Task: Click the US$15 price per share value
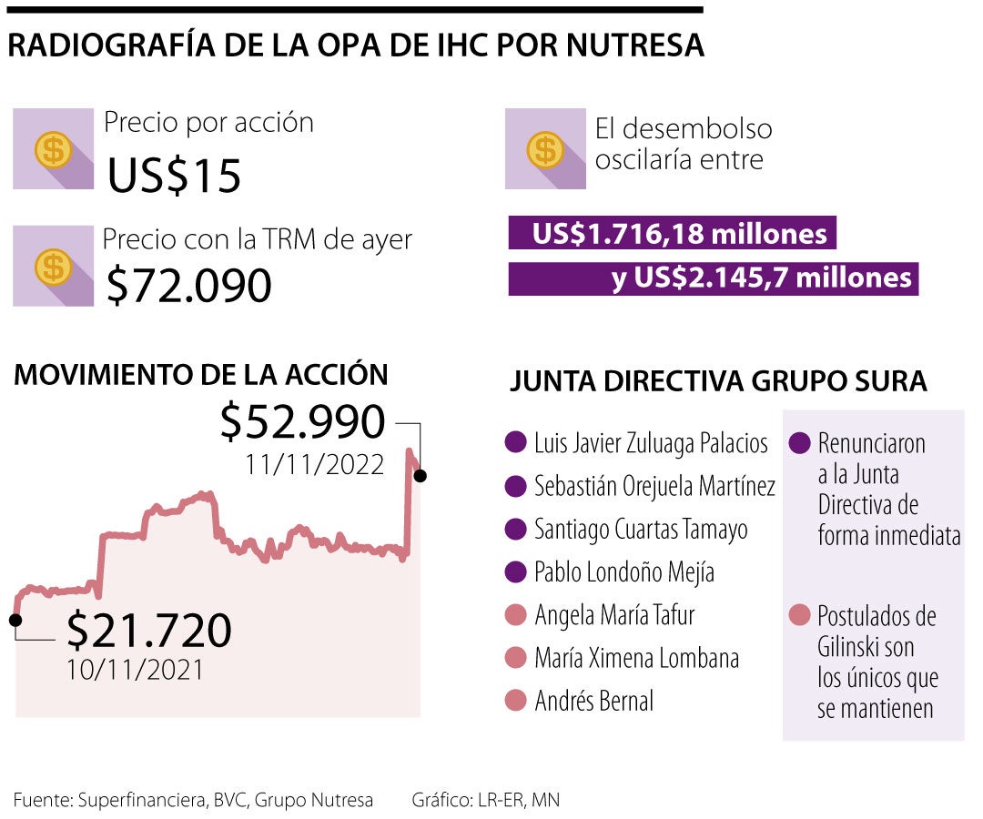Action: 174,176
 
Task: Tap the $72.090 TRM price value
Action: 188,286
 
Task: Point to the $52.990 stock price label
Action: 303,422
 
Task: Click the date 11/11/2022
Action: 314,465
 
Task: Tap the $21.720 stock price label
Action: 149,630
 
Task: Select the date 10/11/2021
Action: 135,670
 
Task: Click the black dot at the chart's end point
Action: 420,475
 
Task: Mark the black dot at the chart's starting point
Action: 15,620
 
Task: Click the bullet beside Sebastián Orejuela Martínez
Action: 516,487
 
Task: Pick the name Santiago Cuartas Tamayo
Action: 641,529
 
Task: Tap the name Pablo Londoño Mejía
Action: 623,572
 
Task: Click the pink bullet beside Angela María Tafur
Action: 516,616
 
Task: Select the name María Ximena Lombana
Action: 636,658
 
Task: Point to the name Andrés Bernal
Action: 593,702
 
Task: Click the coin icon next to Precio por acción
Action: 53,149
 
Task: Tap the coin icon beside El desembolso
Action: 545,149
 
